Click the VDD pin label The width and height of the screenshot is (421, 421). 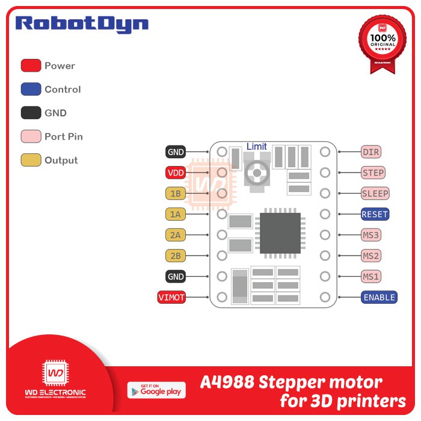(x=176, y=173)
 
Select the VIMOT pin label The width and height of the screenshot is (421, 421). (x=171, y=297)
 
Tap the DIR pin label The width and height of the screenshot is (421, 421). (x=370, y=152)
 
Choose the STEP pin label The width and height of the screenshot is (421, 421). (x=373, y=173)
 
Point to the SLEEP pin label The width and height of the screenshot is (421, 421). (x=375, y=194)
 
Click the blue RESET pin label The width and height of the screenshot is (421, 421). (x=375, y=214)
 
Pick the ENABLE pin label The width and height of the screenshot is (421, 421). (x=379, y=297)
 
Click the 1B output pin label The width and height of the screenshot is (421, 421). (x=176, y=194)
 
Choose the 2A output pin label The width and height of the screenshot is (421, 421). (x=176, y=235)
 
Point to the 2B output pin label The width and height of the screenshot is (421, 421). (x=176, y=256)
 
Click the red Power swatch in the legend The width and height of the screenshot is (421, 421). (x=31, y=66)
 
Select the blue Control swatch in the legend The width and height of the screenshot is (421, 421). (x=31, y=89)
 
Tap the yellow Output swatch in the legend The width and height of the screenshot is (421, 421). (x=31, y=160)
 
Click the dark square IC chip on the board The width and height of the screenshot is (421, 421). (x=280, y=233)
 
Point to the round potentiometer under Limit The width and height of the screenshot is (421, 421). (x=257, y=173)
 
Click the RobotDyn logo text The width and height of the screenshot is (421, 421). (x=82, y=24)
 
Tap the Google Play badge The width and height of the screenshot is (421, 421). (x=156, y=390)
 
